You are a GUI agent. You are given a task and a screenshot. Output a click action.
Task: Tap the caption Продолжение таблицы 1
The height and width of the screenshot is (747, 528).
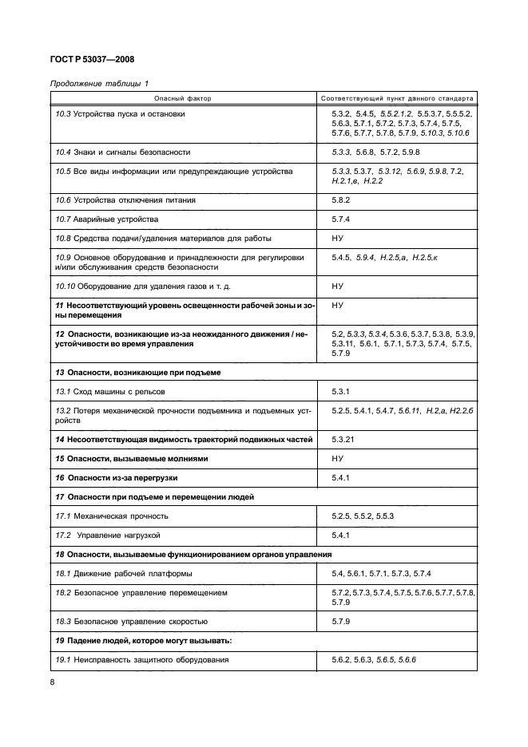[99, 84]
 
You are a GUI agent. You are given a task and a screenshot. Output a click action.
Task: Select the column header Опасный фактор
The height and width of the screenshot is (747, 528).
[182, 99]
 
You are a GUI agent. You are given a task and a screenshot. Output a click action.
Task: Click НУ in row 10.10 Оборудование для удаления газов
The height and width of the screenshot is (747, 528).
[337, 286]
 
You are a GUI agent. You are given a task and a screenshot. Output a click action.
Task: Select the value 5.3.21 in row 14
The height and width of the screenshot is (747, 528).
[343, 440]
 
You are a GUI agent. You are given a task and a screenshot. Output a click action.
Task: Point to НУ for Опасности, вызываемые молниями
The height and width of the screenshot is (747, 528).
[337, 459]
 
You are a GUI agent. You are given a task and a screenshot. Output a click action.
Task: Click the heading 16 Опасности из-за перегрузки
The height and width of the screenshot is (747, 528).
[116, 477]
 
